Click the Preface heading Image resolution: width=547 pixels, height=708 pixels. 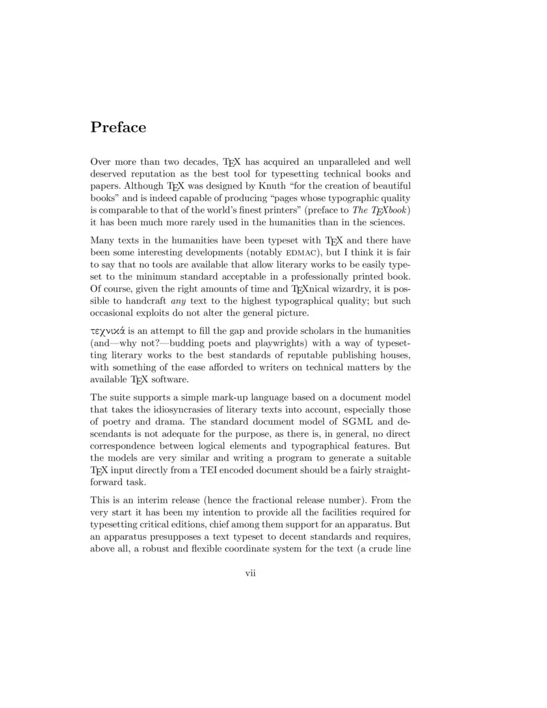118,128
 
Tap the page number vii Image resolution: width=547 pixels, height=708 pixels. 250,573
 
